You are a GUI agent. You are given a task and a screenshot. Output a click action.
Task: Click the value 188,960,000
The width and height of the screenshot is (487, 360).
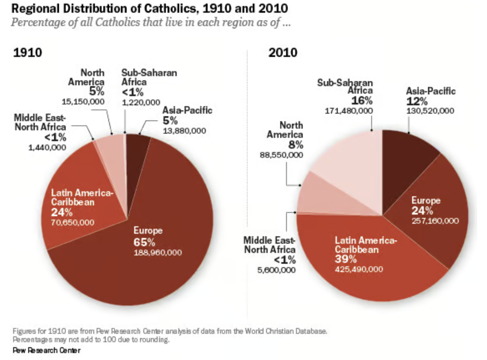[x=158, y=252]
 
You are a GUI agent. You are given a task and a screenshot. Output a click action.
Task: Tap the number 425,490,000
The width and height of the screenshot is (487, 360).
[x=359, y=269]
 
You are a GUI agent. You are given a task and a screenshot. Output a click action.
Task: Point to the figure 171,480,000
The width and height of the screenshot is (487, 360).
[x=349, y=111]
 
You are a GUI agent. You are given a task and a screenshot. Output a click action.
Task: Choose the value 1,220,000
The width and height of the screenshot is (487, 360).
[x=141, y=102]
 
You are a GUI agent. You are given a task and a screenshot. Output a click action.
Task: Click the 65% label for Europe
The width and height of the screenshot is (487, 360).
[x=144, y=242]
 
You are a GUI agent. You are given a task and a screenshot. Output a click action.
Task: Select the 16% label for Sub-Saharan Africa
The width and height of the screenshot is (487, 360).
[x=361, y=101]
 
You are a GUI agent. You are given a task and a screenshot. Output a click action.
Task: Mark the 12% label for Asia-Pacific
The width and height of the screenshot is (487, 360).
[x=417, y=101]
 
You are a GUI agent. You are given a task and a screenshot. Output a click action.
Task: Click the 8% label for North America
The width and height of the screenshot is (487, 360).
[x=296, y=145]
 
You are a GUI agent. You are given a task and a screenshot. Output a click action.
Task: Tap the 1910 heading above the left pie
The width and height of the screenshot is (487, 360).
[x=28, y=52]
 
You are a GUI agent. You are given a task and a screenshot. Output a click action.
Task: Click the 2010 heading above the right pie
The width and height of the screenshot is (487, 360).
[x=283, y=52]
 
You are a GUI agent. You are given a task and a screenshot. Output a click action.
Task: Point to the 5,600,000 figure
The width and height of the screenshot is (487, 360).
[x=276, y=270]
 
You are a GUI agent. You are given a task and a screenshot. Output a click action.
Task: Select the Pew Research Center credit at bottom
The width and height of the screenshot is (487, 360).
[x=46, y=350]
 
